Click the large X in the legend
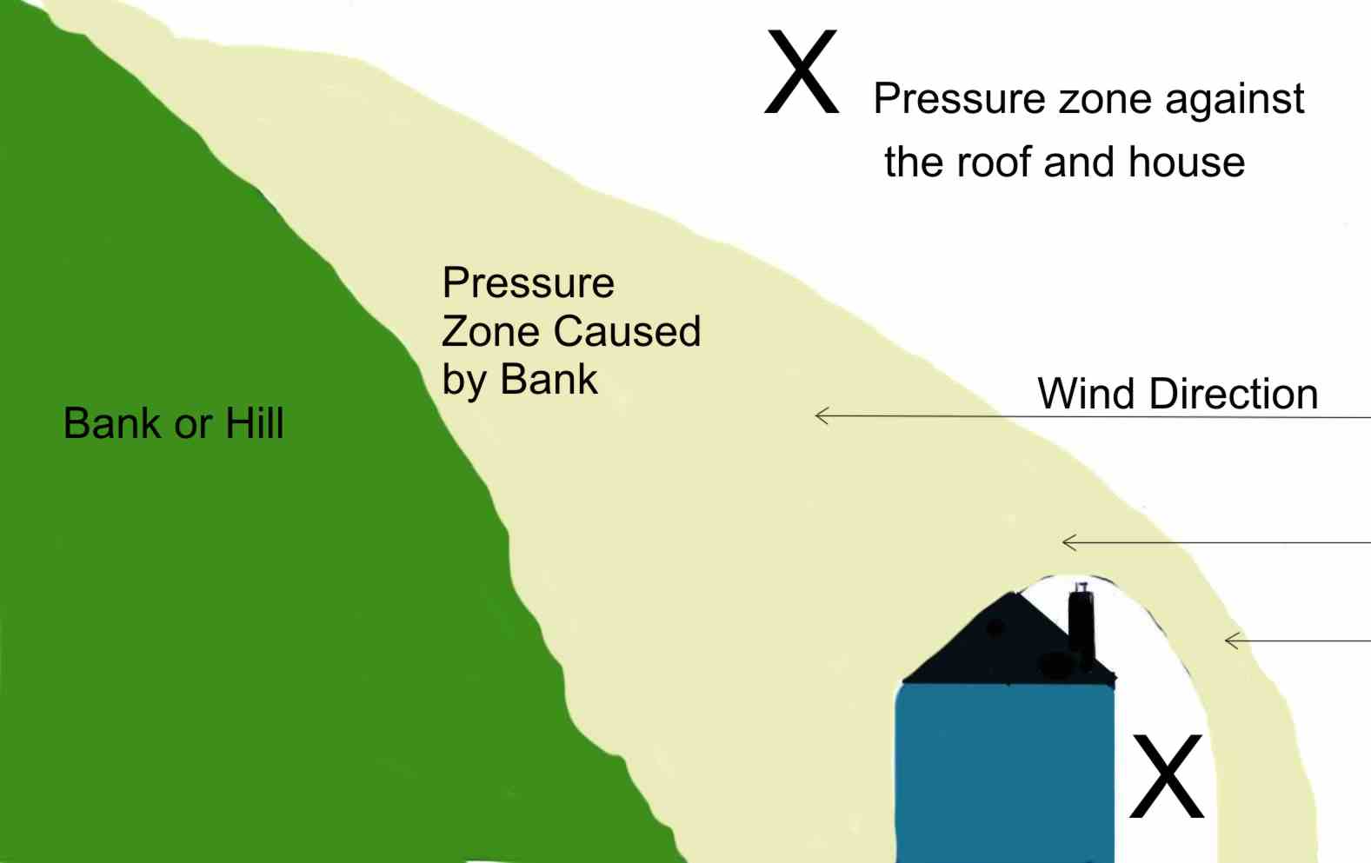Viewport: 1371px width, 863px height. click(x=802, y=72)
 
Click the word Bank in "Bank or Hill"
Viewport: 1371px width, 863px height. click(x=112, y=424)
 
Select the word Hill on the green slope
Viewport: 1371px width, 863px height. click(x=255, y=424)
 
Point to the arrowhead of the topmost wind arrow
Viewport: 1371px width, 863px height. click(x=821, y=415)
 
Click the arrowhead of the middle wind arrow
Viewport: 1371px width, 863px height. click(x=1068, y=542)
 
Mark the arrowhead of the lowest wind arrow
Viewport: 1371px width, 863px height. click(x=1230, y=641)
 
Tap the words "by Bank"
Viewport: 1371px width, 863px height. click(x=520, y=380)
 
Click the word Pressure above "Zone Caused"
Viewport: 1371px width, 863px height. click(x=528, y=282)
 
